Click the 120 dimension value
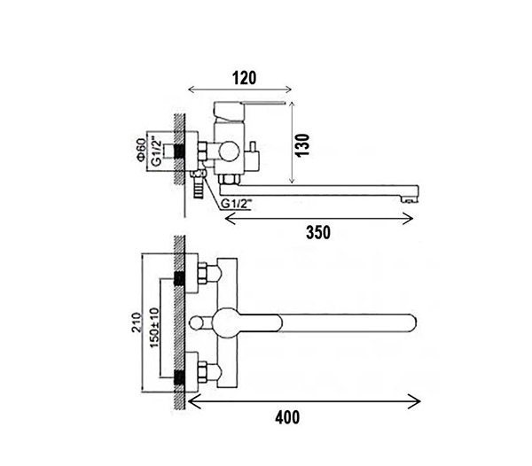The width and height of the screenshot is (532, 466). coord(244,78)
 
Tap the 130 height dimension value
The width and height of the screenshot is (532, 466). coord(302,144)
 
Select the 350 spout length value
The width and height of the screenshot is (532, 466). coord(318,232)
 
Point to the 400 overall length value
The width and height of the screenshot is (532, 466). coord(287,417)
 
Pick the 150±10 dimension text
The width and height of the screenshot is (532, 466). coord(154,328)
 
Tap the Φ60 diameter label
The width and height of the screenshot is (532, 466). coord(141,150)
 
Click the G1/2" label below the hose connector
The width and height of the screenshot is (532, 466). coord(237,204)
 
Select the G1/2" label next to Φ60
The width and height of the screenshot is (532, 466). coord(155,151)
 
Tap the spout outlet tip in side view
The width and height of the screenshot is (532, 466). coord(410,200)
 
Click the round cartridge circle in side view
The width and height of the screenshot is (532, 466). coord(230,151)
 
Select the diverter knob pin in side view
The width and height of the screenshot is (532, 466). coord(253,146)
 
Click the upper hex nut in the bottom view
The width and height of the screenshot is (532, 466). coord(202,273)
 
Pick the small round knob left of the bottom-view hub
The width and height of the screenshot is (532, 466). coord(197,323)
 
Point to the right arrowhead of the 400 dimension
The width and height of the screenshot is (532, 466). coord(415,401)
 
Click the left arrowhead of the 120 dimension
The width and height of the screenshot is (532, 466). coord(192,89)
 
